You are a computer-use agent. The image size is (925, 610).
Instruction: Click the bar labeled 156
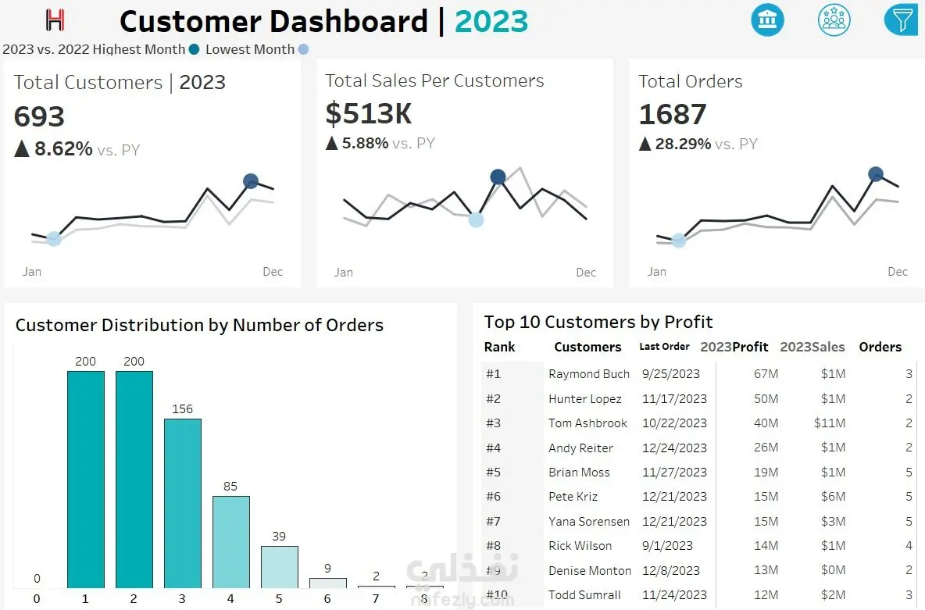182,503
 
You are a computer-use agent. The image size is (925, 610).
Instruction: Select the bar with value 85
230,541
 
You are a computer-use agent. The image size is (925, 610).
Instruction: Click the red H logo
55,20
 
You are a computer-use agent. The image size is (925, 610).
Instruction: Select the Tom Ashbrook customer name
587,423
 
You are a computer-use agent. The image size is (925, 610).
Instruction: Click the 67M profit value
766,374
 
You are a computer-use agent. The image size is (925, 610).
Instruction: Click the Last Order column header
664,347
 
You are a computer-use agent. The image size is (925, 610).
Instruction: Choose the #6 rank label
493,497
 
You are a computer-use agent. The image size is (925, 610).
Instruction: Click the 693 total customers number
39,116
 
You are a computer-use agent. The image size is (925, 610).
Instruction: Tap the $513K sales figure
368,114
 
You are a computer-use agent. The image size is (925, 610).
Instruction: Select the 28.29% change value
684,144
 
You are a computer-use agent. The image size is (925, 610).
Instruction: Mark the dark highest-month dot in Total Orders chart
876,174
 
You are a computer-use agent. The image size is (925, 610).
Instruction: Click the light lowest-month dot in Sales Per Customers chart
476,219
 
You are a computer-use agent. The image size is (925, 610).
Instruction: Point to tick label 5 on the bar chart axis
279,600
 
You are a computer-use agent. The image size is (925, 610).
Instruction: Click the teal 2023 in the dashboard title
491,22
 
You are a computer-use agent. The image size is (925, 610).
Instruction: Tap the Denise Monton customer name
589,571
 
